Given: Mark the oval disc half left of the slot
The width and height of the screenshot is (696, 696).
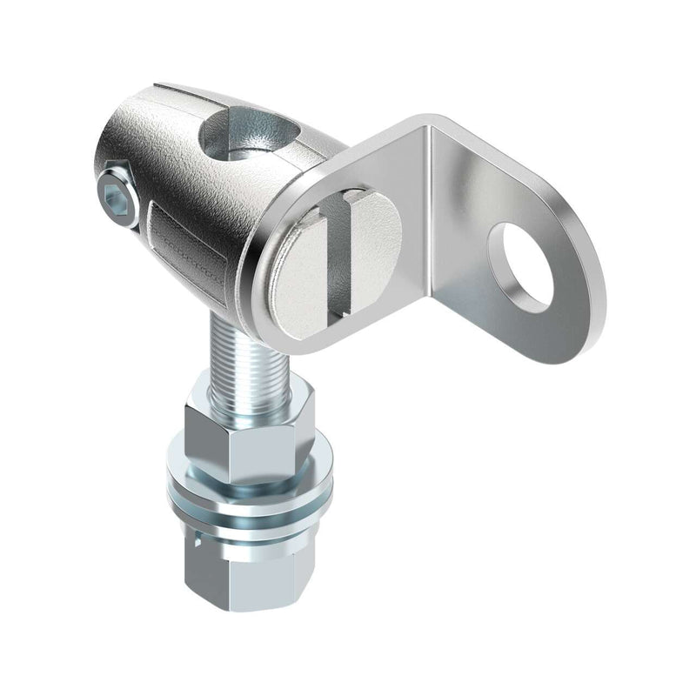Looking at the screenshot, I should [304, 261].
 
